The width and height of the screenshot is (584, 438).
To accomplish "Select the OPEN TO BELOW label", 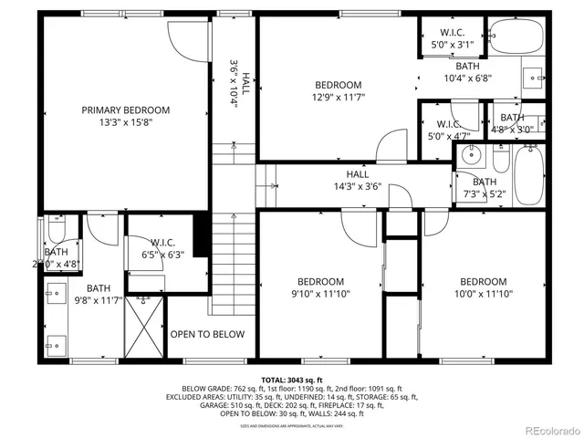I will [207, 334].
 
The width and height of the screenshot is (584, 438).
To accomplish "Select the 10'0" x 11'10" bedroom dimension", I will [483, 294].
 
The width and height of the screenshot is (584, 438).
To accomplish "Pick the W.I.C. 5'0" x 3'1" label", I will [453, 37].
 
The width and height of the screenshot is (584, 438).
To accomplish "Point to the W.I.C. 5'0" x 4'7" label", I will [448, 130].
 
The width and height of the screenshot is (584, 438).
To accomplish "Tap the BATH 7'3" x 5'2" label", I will [485, 188].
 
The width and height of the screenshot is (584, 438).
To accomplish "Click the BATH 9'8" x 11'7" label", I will [98, 293].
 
